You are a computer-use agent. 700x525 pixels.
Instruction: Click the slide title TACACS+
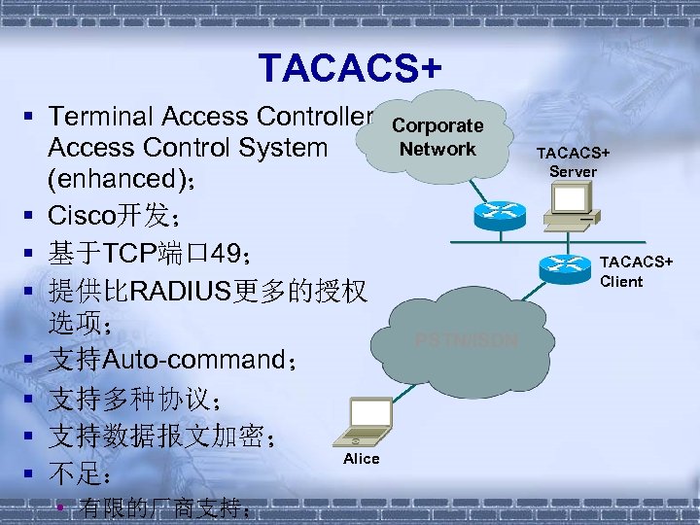click(350, 68)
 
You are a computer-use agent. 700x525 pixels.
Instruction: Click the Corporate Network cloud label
click(437, 137)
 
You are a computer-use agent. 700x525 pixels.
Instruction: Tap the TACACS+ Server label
click(573, 161)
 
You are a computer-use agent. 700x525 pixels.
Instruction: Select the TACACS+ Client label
click(636, 271)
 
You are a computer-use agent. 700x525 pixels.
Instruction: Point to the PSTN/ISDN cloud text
click(466, 341)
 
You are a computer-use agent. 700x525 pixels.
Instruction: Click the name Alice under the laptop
click(362, 459)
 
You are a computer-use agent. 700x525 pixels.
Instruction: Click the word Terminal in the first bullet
click(102, 117)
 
